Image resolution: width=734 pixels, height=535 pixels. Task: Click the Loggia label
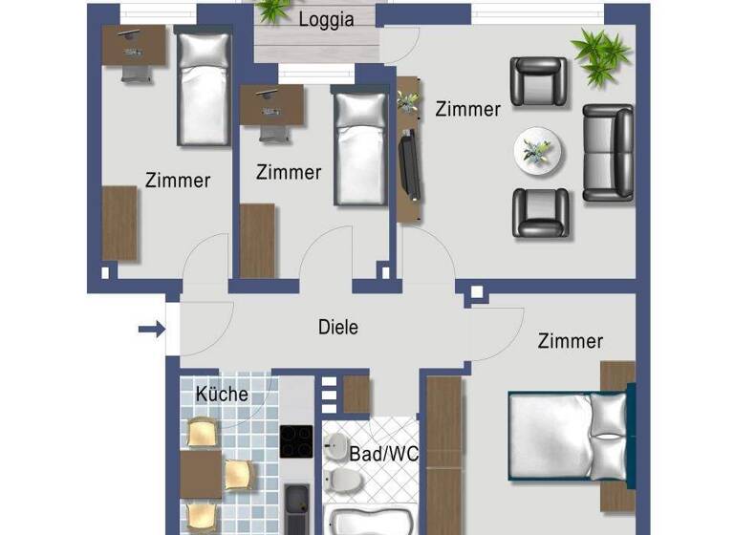tap(326, 19)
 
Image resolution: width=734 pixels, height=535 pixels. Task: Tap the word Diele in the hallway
tap(338, 328)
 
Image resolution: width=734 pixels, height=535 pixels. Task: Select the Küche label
tap(222, 394)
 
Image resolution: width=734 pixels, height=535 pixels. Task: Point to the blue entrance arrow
tap(151, 330)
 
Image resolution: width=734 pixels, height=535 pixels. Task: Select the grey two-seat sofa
tap(608, 153)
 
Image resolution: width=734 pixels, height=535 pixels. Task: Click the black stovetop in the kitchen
tap(297, 442)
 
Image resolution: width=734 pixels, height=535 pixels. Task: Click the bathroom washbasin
tap(338, 446)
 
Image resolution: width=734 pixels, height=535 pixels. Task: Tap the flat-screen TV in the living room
tap(407, 167)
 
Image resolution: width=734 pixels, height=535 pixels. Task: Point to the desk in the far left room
tap(133, 46)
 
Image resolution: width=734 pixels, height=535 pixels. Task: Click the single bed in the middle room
tap(359, 147)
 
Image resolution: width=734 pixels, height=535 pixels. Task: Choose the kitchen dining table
tap(201, 473)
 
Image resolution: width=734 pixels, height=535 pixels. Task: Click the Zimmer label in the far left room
tap(178, 180)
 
